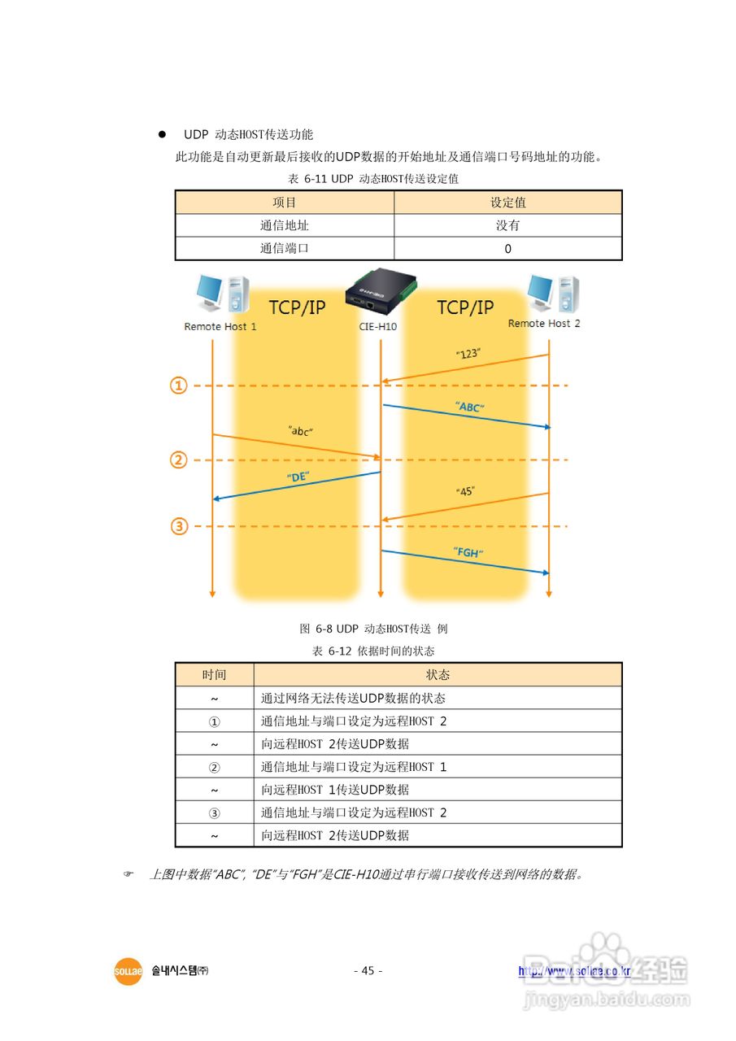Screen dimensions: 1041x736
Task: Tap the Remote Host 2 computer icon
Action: tap(553, 292)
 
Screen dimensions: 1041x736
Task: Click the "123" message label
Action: tap(468, 354)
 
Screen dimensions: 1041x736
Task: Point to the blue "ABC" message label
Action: tap(470, 407)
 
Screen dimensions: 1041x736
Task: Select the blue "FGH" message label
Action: tap(468, 553)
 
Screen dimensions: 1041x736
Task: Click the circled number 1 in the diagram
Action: tap(179, 385)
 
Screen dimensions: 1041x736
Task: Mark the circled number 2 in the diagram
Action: tap(179, 460)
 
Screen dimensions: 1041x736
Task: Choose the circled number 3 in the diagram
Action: tap(179, 526)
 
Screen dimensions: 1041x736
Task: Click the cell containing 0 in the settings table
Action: tap(508, 249)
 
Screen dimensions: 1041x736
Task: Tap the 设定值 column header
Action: tap(508, 203)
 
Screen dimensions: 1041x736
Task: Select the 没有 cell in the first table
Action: tap(508, 225)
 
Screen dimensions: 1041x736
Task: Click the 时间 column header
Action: tap(215, 675)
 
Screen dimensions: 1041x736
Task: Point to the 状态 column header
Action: tap(438, 675)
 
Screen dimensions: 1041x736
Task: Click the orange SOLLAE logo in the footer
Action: tap(128, 971)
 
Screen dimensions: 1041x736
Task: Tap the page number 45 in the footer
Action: tap(368, 970)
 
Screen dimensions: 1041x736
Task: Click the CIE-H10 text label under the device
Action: tap(377, 326)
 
